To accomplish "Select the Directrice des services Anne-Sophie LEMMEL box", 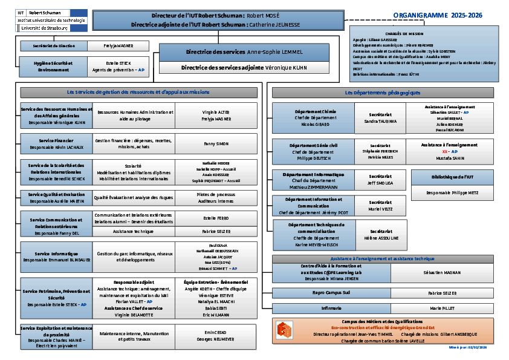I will [244, 52].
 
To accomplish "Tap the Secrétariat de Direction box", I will [54, 46].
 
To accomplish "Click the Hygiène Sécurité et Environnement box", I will [54, 67].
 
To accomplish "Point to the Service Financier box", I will [56, 143].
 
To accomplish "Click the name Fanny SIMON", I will [216, 143].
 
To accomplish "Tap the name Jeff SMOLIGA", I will [380, 182].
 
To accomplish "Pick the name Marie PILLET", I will [442, 308].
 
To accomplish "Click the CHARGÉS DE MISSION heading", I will [404, 34].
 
